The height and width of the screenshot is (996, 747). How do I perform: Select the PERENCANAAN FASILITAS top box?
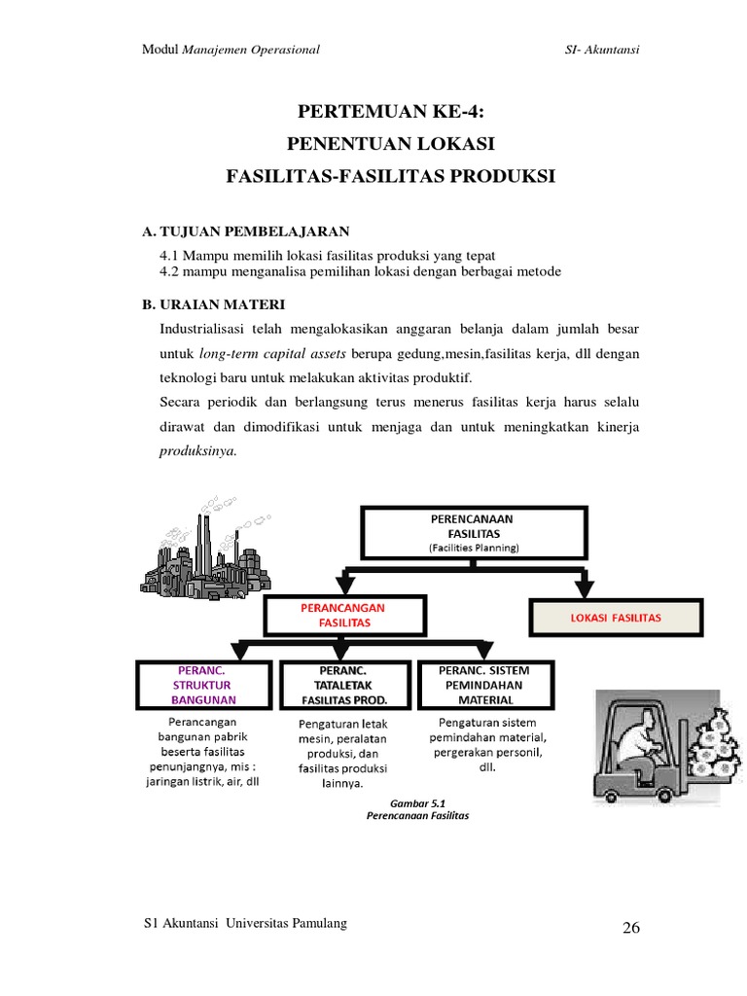click(x=475, y=534)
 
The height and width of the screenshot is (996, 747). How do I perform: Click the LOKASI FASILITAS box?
click(x=616, y=617)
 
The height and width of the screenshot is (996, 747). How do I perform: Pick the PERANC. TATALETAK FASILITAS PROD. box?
click(x=344, y=685)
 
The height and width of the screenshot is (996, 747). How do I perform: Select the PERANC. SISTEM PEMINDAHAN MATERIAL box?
click(x=484, y=685)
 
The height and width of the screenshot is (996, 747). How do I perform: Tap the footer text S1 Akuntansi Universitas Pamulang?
click(x=244, y=922)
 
